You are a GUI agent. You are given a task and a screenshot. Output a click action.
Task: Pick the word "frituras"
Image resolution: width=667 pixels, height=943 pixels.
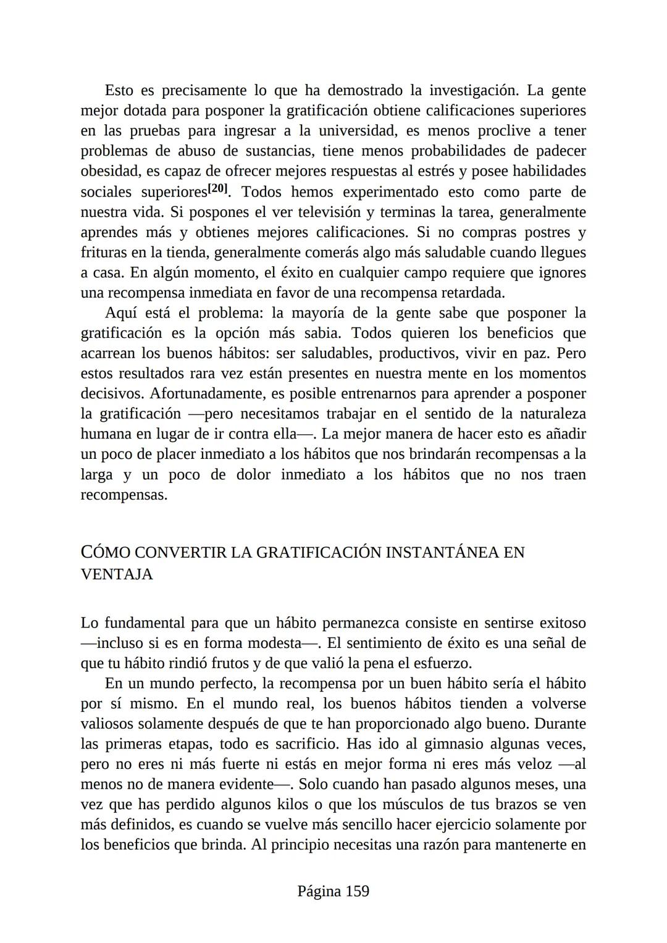point(104,253)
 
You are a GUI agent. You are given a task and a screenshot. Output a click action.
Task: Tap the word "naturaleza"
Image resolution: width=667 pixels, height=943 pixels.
point(550,414)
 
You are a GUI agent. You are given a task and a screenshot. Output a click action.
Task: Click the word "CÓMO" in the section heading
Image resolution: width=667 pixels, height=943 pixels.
point(105,552)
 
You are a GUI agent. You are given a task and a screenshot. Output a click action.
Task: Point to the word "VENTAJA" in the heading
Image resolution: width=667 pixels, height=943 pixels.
point(117,574)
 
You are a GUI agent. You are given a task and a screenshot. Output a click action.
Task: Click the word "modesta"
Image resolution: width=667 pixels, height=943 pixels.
point(272,643)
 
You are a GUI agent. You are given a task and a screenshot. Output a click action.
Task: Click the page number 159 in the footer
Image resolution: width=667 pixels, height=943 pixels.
point(357,891)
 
